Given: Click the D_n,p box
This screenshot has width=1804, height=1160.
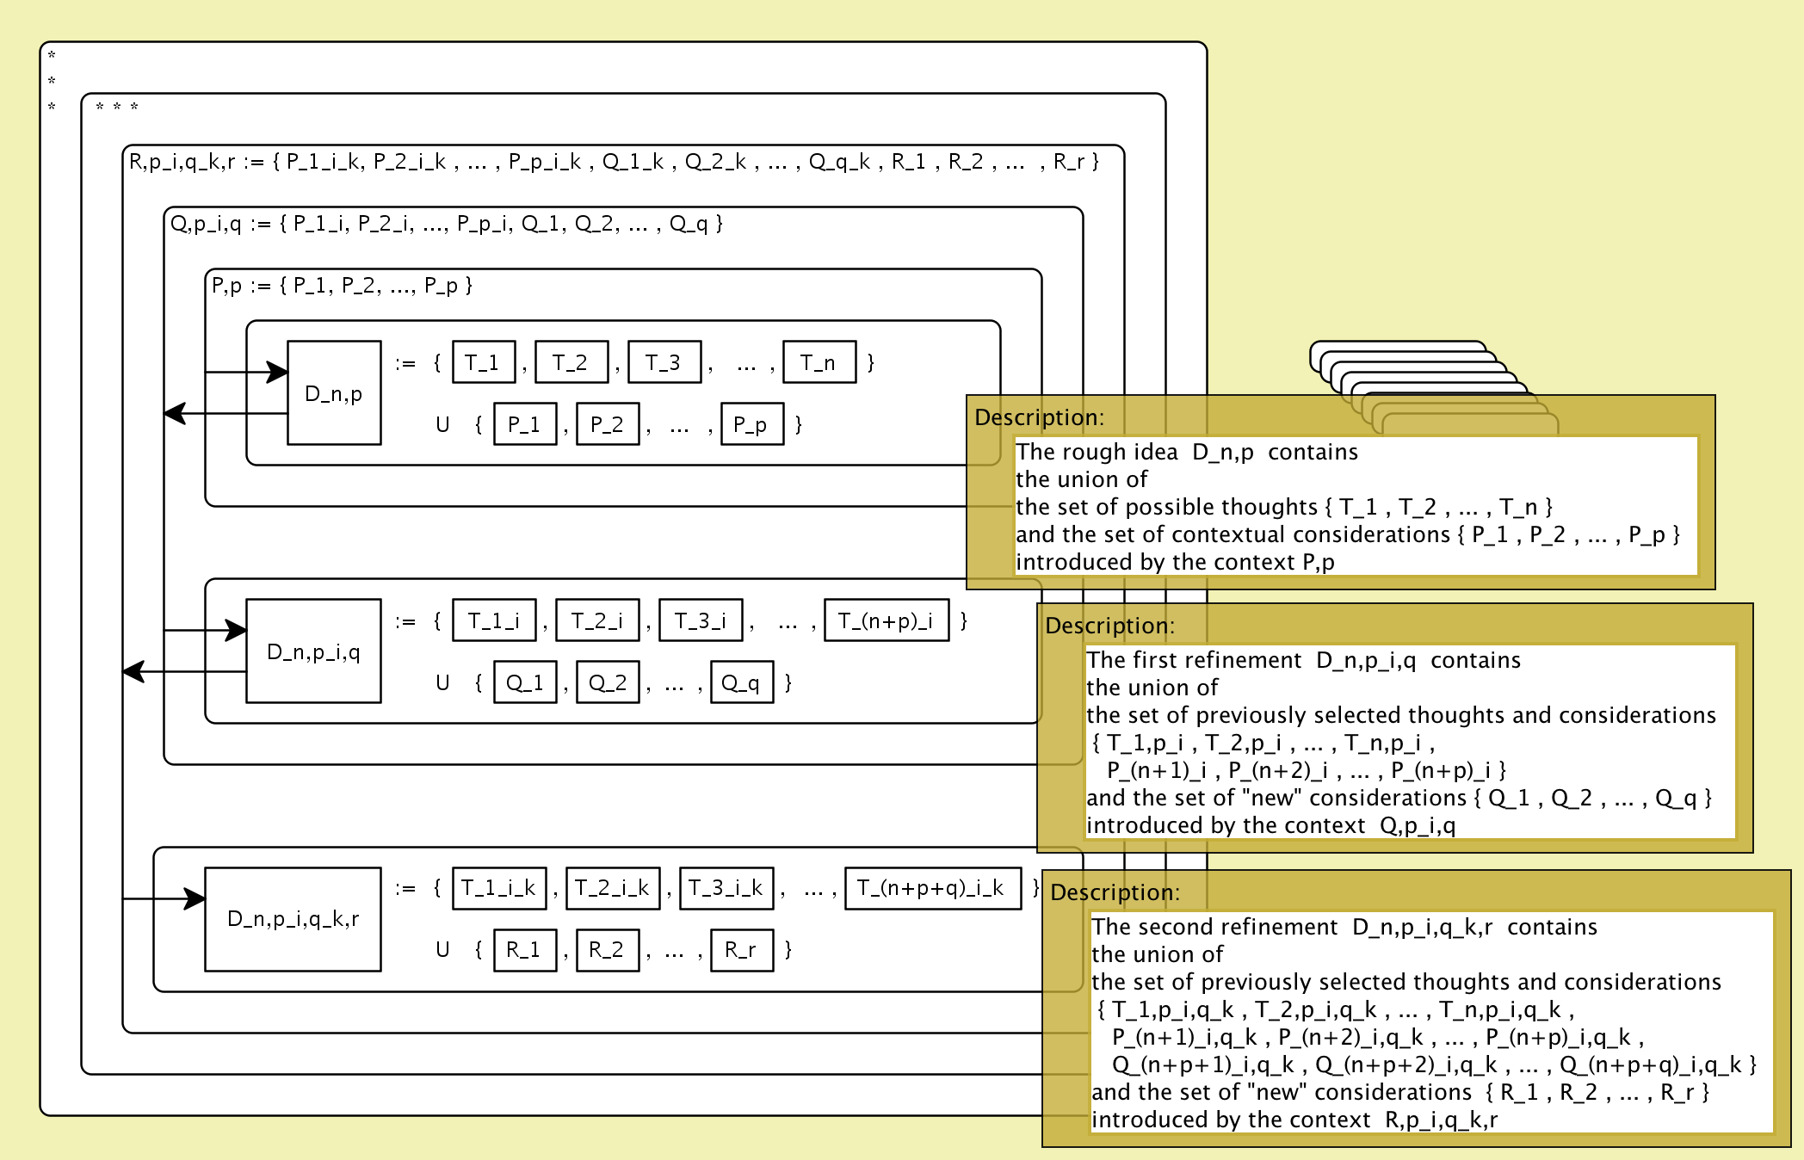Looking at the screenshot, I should click(334, 393).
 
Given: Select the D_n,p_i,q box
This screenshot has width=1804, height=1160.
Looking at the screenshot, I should click(313, 651).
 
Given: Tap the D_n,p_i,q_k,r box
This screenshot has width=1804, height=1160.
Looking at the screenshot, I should click(293, 919).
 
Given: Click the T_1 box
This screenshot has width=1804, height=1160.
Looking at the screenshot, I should click(483, 362).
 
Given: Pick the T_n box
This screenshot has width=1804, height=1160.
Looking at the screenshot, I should click(819, 362).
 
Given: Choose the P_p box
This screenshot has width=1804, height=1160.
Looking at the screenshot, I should click(751, 424).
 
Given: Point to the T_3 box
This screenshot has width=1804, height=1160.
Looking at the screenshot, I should click(664, 362).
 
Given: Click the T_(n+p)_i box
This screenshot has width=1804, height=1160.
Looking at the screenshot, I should click(886, 620).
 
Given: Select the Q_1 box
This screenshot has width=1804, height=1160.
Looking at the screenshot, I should click(524, 682).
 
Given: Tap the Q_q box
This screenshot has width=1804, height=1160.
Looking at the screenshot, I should click(741, 682).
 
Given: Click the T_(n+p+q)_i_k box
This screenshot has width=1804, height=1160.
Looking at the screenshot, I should click(932, 888).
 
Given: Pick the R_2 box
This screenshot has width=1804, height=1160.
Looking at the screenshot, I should click(607, 950).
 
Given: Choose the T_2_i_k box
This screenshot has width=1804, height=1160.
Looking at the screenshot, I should click(612, 888).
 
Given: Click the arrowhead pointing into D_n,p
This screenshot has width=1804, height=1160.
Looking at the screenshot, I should click(277, 373).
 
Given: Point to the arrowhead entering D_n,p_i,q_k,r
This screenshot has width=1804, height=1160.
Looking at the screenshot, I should click(195, 899).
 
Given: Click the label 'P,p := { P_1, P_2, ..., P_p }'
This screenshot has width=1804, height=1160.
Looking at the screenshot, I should click(342, 285).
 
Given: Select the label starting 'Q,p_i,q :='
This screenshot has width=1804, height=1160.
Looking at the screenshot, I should click(446, 224).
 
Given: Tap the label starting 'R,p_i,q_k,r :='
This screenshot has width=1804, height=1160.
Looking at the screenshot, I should click(613, 162).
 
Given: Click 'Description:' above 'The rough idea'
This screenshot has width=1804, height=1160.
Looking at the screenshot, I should click(1039, 417).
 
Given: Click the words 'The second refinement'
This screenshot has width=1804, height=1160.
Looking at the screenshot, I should click(1214, 927).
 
